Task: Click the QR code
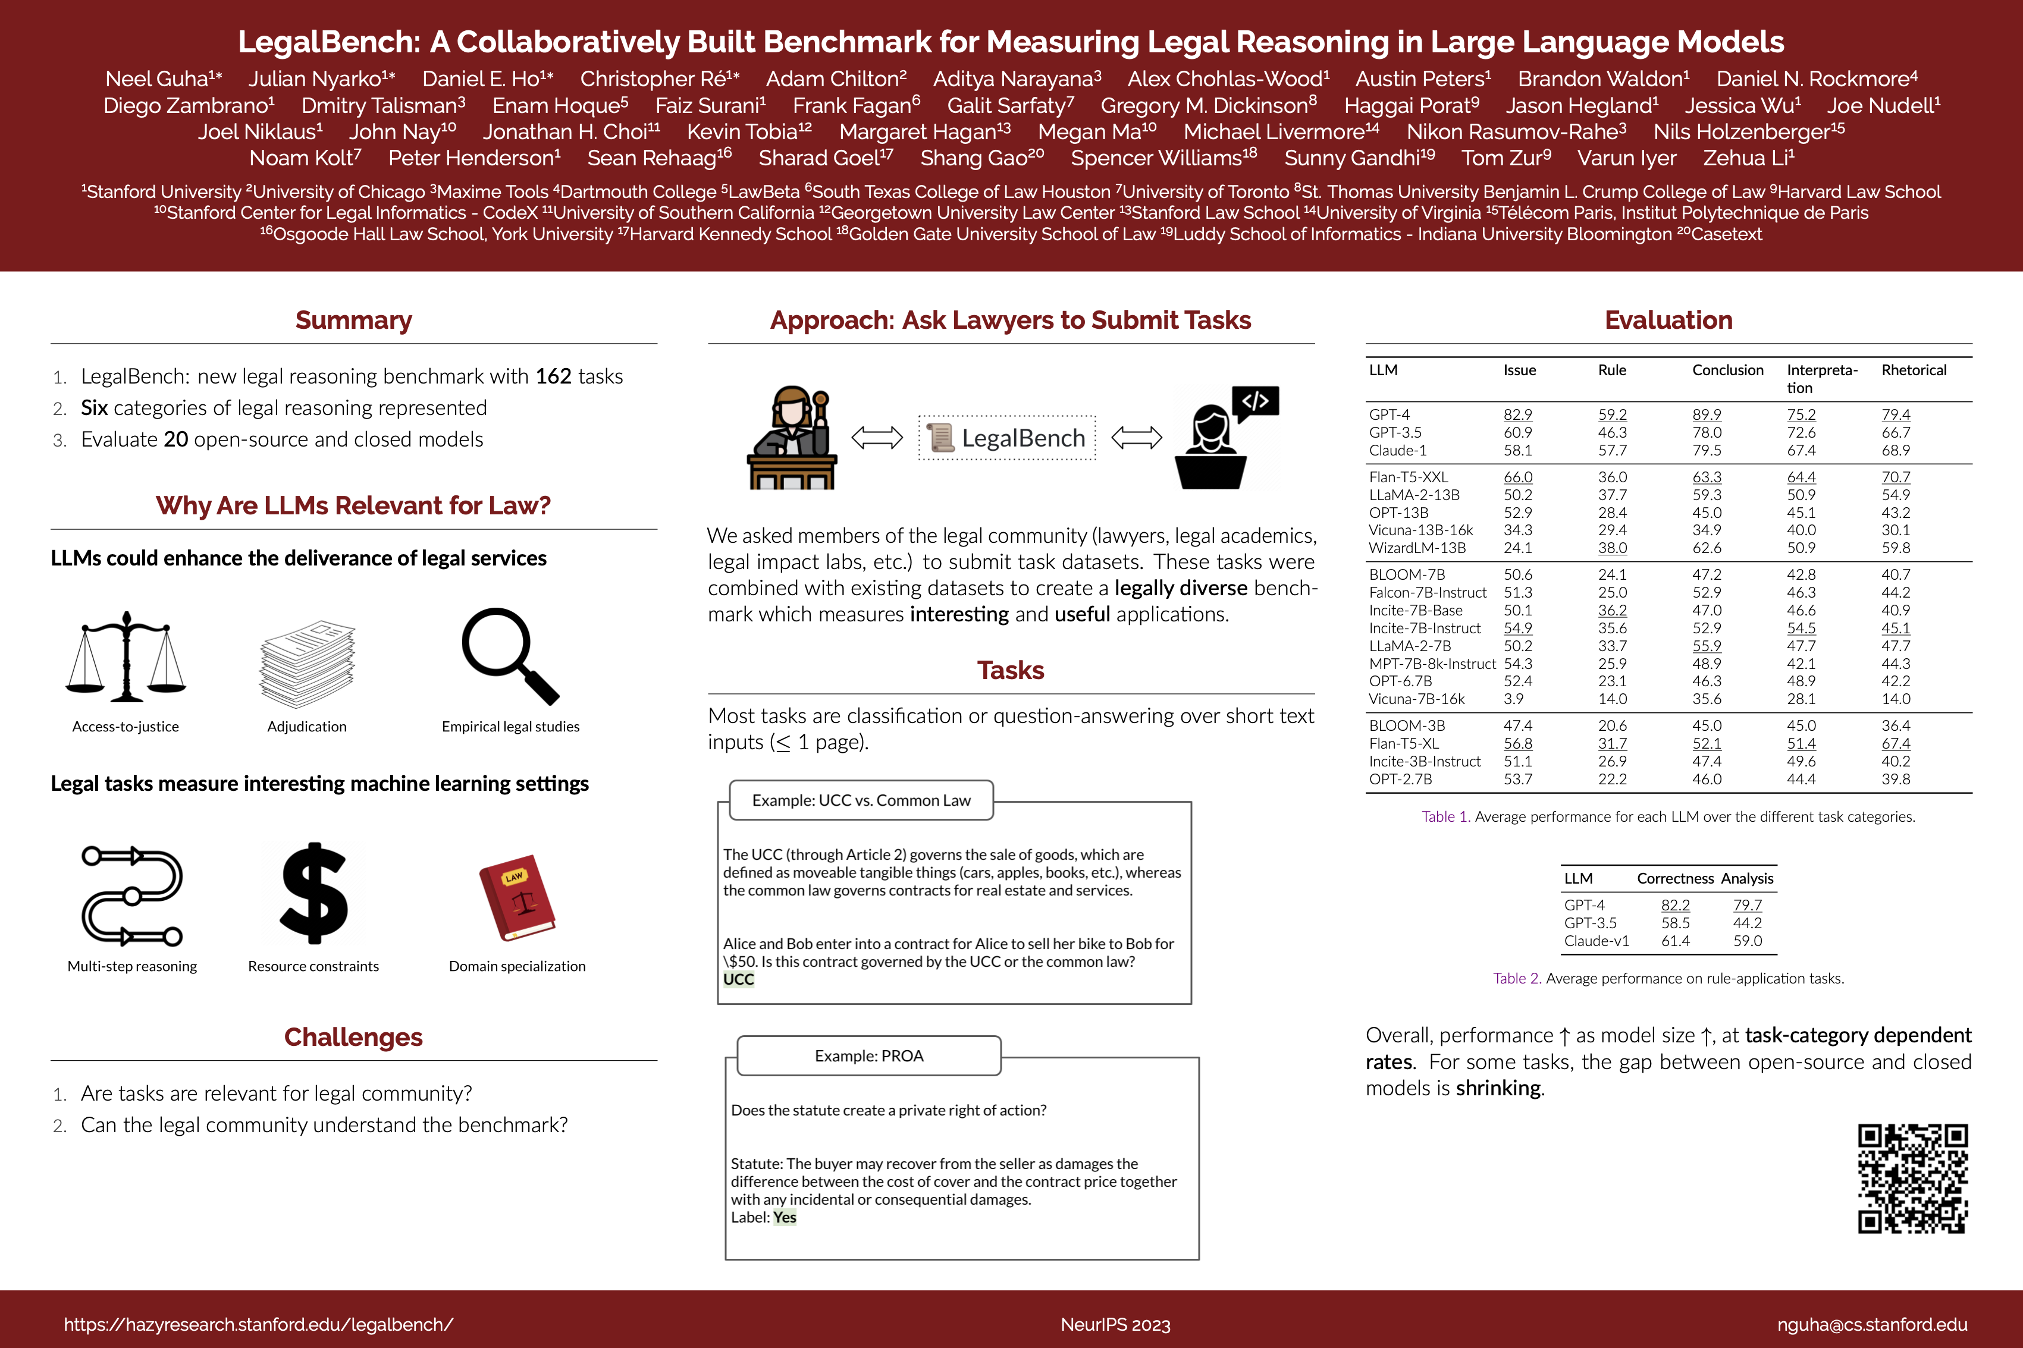coord(1912,1178)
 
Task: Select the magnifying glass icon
coord(510,655)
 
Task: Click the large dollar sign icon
coord(314,894)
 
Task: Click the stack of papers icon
coord(307,663)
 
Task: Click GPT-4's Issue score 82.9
coord(1517,414)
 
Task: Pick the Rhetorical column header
coord(1913,370)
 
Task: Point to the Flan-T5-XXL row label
coord(1409,477)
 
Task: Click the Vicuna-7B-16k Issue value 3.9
coord(1513,699)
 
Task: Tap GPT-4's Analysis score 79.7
coord(1747,905)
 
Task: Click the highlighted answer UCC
coord(739,979)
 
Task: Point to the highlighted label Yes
coord(784,1217)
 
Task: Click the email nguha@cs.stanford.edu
coord(1872,1325)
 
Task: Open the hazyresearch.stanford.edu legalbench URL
coord(258,1325)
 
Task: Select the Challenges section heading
coord(353,1038)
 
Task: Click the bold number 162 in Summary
coord(553,376)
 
